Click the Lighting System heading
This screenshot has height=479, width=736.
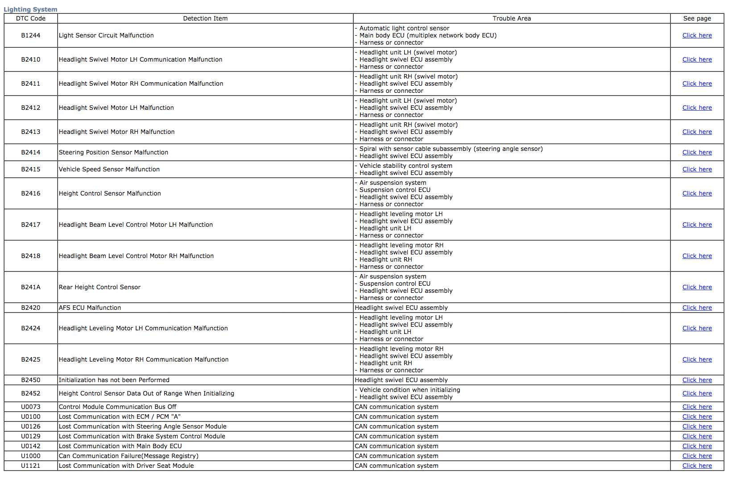[x=30, y=9]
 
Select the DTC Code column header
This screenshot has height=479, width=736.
[x=31, y=18]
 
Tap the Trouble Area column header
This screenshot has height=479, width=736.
[x=512, y=18]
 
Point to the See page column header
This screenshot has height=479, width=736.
[x=697, y=18]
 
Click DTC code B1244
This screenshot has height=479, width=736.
[x=31, y=35]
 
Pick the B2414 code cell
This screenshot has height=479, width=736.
[x=31, y=152]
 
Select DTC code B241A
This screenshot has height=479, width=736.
[x=31, y=287]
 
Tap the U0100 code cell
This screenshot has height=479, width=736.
[x=31, y=417]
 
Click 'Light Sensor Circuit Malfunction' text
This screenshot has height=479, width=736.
[x=106, y=35]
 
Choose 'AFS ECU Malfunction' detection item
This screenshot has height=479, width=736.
[x=90, y=308]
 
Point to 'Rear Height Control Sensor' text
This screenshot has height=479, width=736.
[x=99, y=287]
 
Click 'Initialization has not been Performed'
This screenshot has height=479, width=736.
[x=114, y=380]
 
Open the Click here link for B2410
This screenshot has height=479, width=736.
[x=697, y=59]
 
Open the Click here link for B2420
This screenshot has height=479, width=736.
[x=697, y=308]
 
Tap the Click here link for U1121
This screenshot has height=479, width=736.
[x=697, y=466]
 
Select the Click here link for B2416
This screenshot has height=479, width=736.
[x=697, y=193]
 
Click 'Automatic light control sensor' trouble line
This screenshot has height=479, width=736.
[x=404, y=28]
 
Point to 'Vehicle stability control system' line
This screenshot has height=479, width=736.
[x=405, y=166]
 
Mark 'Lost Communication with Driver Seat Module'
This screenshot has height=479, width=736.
[x=126, y=466]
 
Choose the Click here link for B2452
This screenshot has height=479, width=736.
[x=697, y=393]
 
